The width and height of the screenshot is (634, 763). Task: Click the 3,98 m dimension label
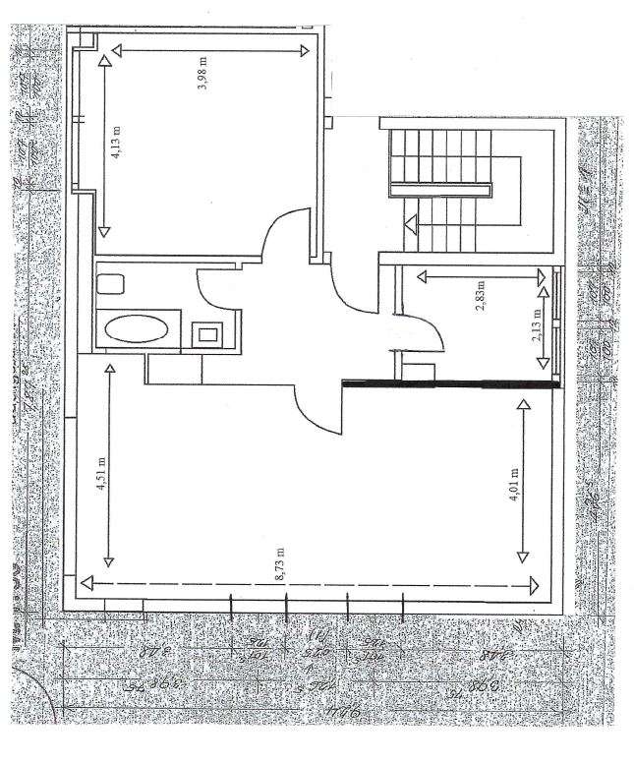(203, 78)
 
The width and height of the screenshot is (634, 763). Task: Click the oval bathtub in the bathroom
(138, 327)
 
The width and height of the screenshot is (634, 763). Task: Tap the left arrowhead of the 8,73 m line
(89, 585)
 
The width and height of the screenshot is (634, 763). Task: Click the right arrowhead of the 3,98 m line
(304, 50)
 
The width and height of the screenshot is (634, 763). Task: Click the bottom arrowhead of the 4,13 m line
(103, 233)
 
